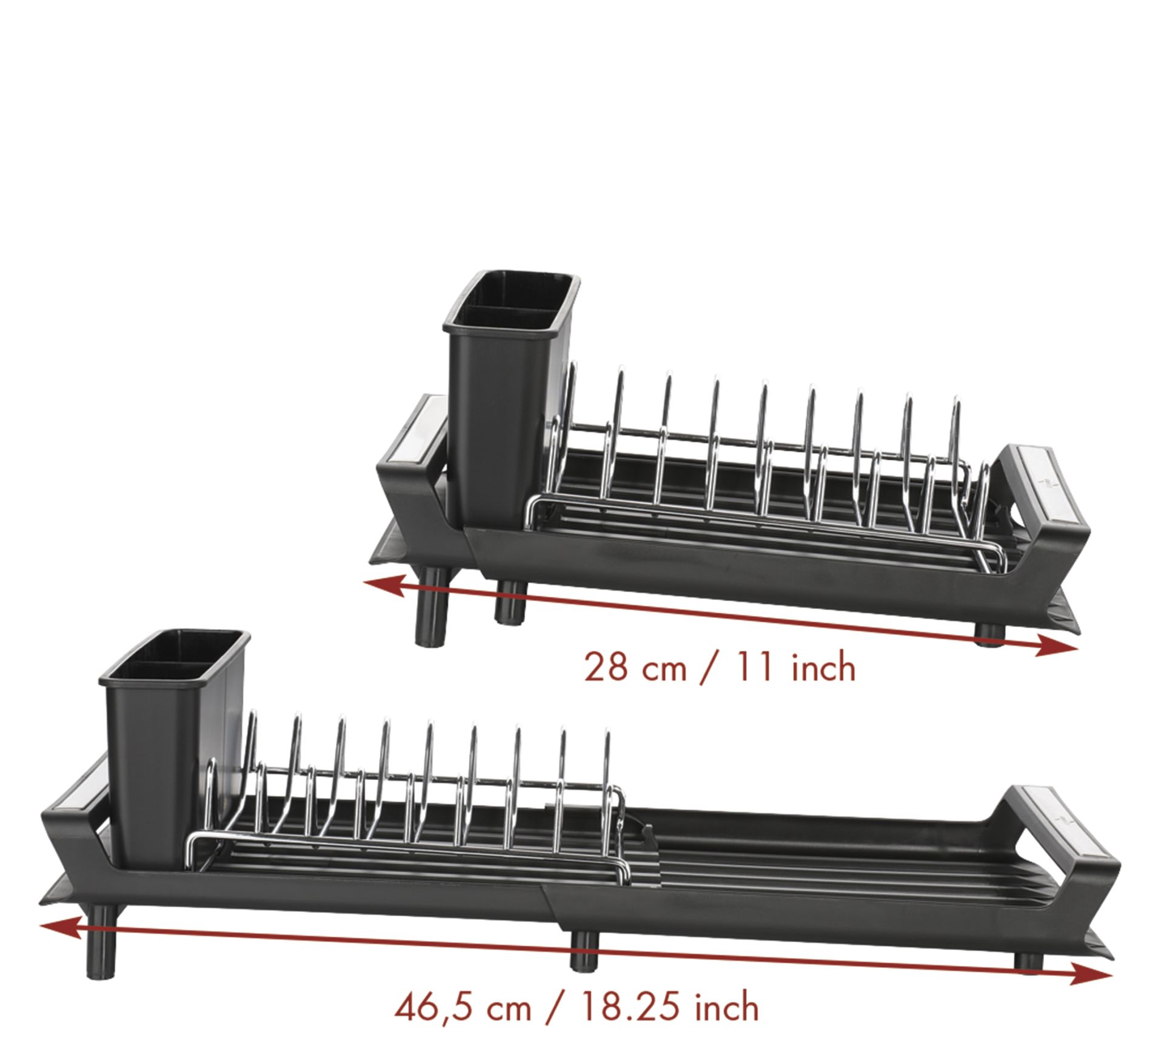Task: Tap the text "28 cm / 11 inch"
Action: click(720, 667)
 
